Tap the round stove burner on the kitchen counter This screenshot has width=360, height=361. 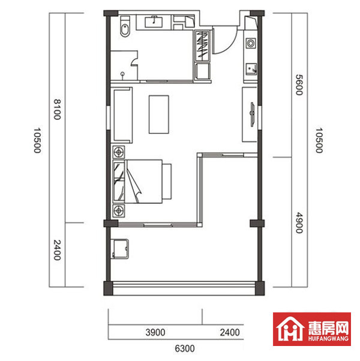[x=251, y=43]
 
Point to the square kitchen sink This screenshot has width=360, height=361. [x=251, y=68]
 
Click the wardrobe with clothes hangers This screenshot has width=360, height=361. [x=202, y=45]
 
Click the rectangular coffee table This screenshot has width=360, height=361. [x=160, y=115]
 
